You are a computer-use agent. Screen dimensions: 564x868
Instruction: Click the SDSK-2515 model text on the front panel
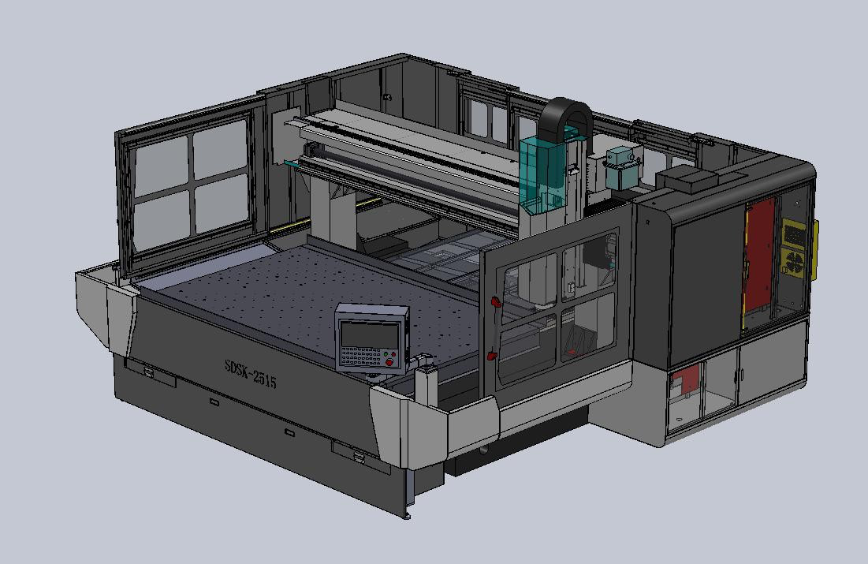(x=250, y=375)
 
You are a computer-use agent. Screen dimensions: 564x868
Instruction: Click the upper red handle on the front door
(x=496, y=301)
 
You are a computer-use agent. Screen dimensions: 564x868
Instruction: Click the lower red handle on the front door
(x=494, y=355)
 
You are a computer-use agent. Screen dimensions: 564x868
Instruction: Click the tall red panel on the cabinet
(x=758, y=260)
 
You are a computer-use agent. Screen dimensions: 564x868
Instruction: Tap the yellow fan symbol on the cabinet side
(x=794, y=263)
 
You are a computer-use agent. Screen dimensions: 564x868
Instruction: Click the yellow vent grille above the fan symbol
(x=794, y=233)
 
